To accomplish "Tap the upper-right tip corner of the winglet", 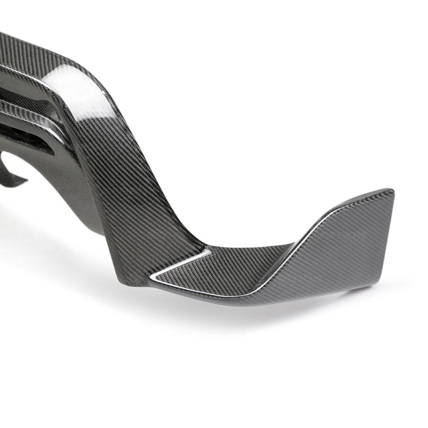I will coord(392,191).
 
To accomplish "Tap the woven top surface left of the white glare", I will coord(32,59).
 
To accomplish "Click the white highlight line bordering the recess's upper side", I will coord(177,262).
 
